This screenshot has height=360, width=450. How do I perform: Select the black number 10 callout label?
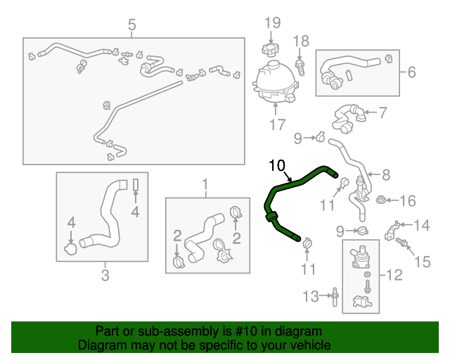(276, 166)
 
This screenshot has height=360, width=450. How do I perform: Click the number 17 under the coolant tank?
(277, 125)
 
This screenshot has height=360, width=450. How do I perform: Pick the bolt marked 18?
(301, 67)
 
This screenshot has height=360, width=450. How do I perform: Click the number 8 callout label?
(386, 174)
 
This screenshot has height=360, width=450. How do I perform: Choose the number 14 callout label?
(421, 226)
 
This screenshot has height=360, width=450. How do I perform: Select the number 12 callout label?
(395, 275)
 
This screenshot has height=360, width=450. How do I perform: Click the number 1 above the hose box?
(206, 186)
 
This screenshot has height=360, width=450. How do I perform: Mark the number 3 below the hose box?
(105, 275)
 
